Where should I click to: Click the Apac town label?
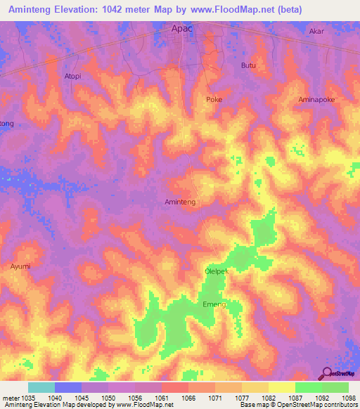(183, 29)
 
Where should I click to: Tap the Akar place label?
(317, 32)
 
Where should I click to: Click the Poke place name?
(214, 100)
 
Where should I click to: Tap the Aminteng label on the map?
(179, 202)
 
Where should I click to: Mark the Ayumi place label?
(20, 266)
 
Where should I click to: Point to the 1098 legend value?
(349, 397)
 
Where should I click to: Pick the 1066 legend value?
(188, 397)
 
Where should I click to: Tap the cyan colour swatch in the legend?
(41, 387)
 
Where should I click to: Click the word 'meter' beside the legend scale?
(9, 397)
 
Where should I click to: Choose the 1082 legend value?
(269, 397)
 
